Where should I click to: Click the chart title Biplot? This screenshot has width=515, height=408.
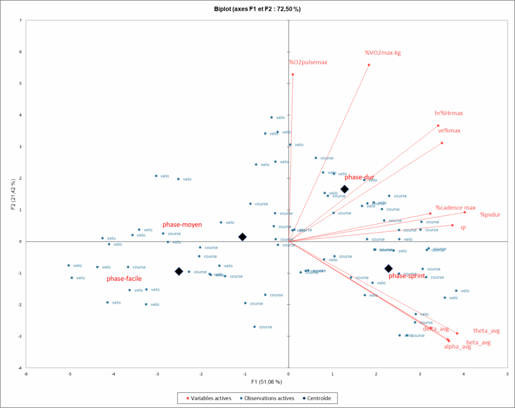(x=257, y=9)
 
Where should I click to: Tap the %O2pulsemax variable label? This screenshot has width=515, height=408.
(x=308, y=62)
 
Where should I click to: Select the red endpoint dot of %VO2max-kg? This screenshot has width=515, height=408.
(x=369, y=65)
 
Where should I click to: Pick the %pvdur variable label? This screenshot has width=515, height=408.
(x=490, y=215)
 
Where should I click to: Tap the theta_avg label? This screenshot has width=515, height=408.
(x=486, y=331)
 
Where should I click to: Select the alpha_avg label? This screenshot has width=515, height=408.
(x=457, y=347)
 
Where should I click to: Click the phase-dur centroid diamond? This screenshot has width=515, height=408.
(x=345, y=189)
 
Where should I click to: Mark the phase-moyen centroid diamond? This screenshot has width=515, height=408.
(x=242, y=236)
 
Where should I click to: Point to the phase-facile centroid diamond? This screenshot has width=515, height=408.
(x=179, y=271)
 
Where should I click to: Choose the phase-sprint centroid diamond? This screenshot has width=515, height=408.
(x=388, y=269)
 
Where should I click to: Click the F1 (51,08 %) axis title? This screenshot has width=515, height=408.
(x=267, y=382)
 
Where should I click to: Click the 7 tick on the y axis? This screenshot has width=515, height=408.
(x=20, y=21)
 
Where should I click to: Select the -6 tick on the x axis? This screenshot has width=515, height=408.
(x=26, y=373)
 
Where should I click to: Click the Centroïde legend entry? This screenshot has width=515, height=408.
(x=319, y=398)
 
